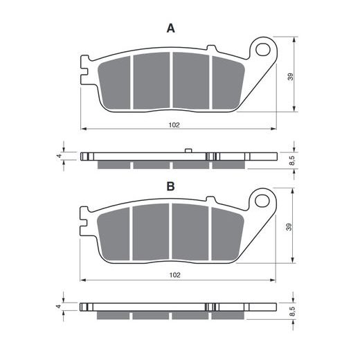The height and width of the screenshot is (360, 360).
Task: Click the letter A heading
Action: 170,28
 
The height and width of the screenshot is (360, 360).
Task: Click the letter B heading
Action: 170,186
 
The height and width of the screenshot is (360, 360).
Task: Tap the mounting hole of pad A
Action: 263,49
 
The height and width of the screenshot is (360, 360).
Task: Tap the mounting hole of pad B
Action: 262,200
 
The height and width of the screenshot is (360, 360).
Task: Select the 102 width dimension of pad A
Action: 174,125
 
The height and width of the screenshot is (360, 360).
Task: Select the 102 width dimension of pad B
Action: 174,275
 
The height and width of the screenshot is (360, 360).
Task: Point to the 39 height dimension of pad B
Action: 289,227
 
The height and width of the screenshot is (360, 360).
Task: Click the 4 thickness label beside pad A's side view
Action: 60,156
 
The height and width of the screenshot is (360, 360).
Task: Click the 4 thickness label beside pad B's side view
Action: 59,307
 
